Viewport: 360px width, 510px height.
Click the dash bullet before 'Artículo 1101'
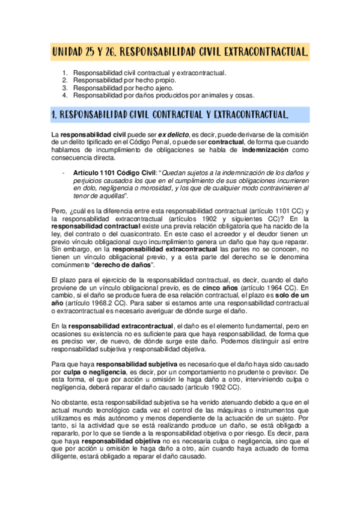[63, 173]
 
